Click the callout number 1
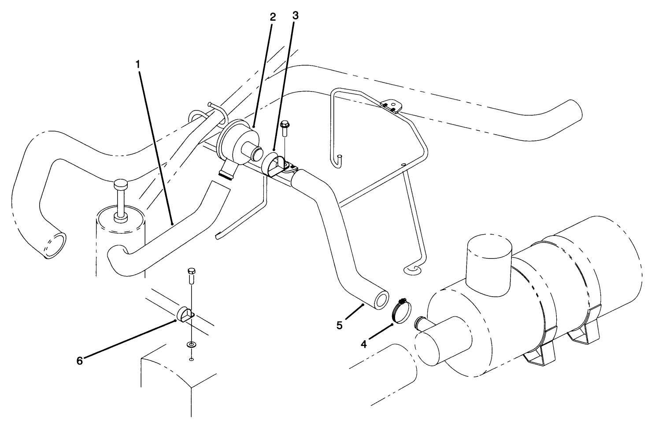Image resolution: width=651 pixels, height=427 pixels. (138, 64)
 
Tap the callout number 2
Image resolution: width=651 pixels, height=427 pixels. (273, 17)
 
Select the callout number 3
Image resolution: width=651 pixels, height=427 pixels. (295, 15)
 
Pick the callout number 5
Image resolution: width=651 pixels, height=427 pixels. (339, 325)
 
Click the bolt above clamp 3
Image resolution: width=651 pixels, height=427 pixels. (285, 128)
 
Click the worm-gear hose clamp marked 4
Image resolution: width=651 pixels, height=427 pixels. (400, 310)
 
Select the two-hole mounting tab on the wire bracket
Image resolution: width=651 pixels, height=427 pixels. (391, 106)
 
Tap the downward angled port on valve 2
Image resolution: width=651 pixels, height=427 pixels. (227, 172)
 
